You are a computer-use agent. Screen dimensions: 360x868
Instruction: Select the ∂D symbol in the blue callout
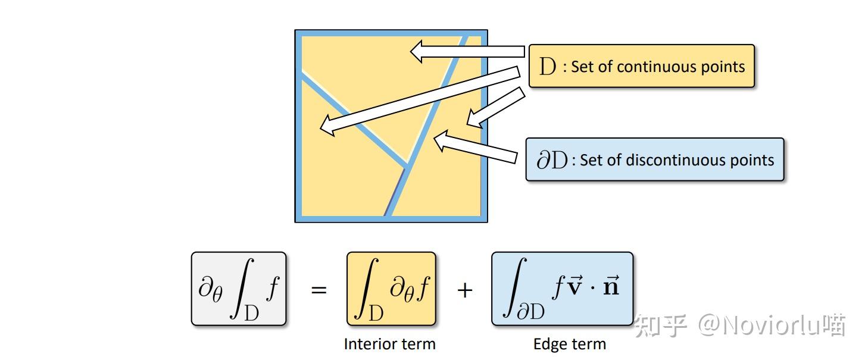552,160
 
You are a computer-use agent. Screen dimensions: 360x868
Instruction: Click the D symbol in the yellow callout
547,67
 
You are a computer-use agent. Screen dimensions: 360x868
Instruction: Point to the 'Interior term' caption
389,344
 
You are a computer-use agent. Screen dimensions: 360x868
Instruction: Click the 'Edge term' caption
569,344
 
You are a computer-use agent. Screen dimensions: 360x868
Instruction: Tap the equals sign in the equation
319,290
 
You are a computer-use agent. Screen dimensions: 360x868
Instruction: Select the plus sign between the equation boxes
464,290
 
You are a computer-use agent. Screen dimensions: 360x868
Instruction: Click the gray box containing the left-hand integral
239,289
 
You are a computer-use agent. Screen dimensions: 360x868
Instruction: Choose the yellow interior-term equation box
391,289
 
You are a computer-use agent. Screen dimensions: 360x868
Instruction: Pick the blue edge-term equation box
562,289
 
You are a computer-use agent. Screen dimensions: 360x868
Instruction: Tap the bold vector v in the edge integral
576,287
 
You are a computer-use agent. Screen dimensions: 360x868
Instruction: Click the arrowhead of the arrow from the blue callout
440,140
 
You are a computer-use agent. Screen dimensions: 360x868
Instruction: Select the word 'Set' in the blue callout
591,160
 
